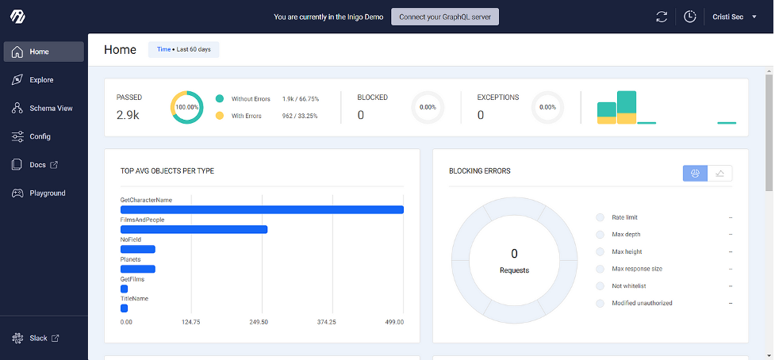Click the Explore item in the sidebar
click(x=41, y=80)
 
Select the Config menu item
click(x=40, y=136)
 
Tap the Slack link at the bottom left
click(x=38, y=339)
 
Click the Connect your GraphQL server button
click(x=445, y=17)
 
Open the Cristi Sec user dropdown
click(x=735, y=17)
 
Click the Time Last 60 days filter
click(x=183, y=50)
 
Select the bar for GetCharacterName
click(x=262, y=209)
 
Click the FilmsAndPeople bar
click(x=194, y=229)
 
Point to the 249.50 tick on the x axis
click(x=259, y=322)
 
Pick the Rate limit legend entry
click(x=624, y=217)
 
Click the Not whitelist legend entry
click(x=628, y=286)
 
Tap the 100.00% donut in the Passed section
click(x=187, y=107)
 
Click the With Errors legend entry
click(x=246, y=116)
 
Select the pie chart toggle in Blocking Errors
click(x=695, y=174)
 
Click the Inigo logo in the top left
click(x=17, y=17)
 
